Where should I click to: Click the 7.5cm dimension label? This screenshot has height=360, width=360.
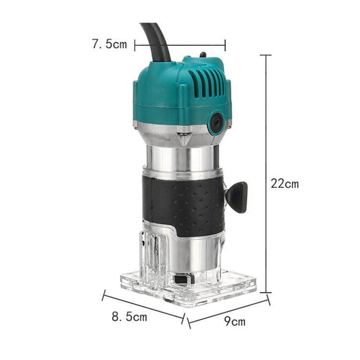coord(109,45)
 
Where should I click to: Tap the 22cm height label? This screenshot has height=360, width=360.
coord(284,183)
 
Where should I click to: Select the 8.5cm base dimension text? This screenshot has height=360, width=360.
coord(129,317)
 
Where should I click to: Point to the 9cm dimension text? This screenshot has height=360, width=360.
coord(235,321)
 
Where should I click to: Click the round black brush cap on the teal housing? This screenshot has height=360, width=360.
coord(216,124)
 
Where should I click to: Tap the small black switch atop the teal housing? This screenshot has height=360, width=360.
coord(203,55)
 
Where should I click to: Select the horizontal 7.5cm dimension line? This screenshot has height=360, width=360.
coord(180,46)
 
